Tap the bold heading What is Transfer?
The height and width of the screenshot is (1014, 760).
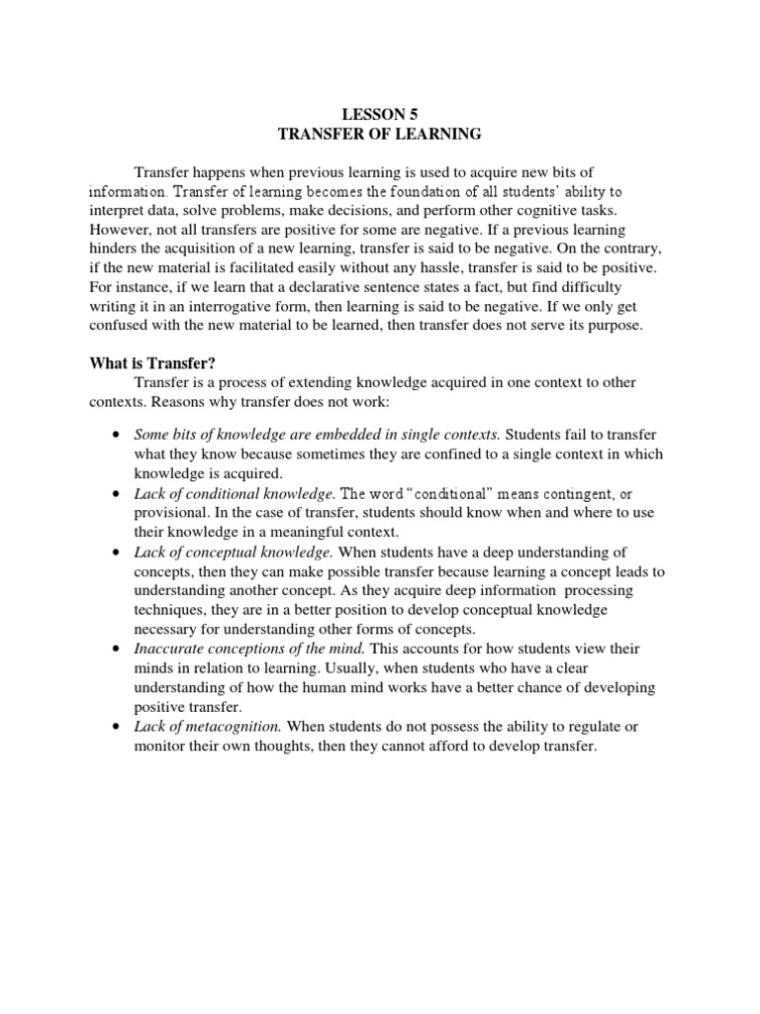[151, 363]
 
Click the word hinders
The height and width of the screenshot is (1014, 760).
[114, 249]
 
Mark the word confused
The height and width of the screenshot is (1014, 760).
[118, 326]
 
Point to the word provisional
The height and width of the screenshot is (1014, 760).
[170, 512]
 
